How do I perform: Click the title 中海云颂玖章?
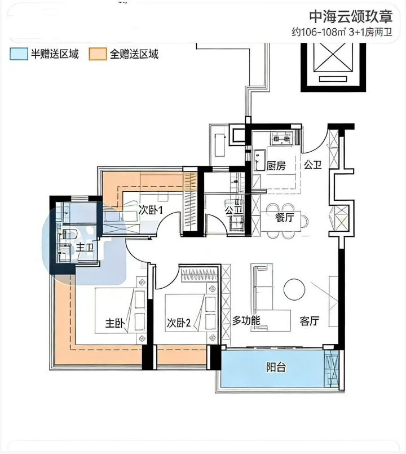coord(351,16)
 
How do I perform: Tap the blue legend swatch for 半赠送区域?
coord(19,54)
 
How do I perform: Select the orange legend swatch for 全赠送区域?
coord(98,54)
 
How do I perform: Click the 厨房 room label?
coord(276,166)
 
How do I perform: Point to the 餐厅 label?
coord(285,217)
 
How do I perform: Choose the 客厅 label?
coord(309,321)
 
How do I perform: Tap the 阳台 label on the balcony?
coord(276,367)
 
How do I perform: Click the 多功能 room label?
coord(246,320)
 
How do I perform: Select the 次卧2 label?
coord(178,323)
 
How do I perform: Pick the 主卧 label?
coord(114,323)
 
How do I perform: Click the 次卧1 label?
coord(151,210)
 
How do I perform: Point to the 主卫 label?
coord(85,247)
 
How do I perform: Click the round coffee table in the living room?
coord(294,289)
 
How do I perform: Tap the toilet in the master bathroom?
coord(69,234)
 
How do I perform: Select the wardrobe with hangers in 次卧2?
coord(199,275)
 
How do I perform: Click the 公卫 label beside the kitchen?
coord(313,165)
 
